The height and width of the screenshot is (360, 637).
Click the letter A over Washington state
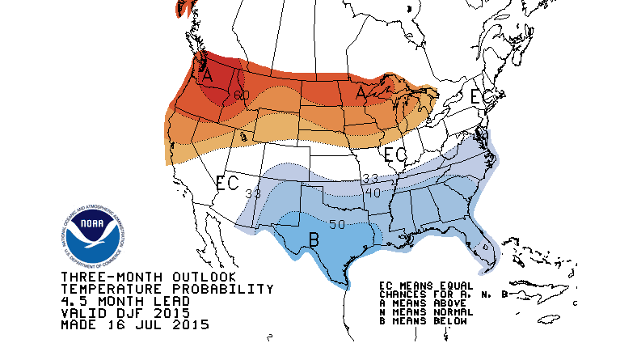pyautogui.click(x=207, y=74)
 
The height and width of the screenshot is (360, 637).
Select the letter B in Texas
pyautogui.click(x=313, y=239)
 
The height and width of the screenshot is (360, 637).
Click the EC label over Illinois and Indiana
pyautogui.click(x=395, y=154)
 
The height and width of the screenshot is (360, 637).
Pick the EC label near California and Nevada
pyautogui.click(x=227, y=183)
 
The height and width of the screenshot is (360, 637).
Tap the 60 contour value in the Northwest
pyautogui.click(x=241, y=95)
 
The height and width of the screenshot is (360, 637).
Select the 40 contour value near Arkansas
pyautogui.click(x=372, y=192)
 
